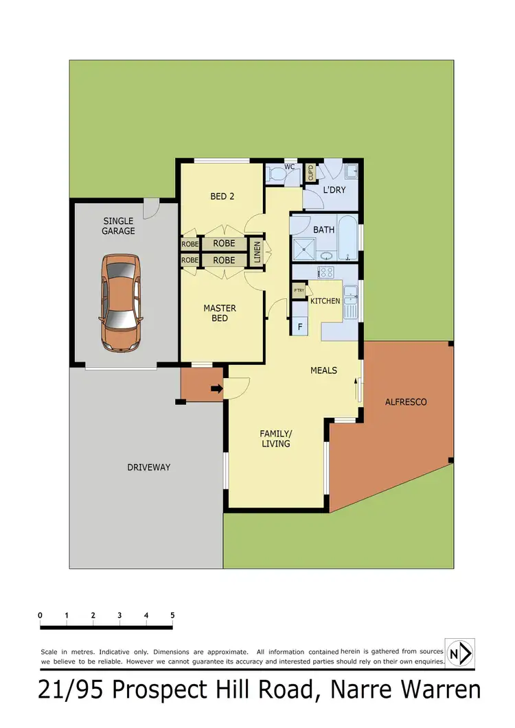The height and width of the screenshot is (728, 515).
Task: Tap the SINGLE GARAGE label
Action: coord(119,226)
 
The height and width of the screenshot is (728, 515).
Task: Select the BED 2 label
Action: coord(222,196)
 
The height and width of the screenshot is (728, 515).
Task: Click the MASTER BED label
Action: coord(220,313)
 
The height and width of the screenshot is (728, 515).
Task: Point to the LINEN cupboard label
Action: coord(257,252)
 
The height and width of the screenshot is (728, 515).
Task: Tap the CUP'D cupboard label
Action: coord(310,173)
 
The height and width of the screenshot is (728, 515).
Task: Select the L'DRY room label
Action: coord(334,189)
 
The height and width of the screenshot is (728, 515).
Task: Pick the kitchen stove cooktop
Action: coord(325,272)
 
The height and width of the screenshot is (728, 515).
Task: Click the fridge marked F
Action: coord(300,327)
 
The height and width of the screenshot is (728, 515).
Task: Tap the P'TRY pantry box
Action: coord(299,291)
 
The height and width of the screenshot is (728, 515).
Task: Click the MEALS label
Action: coord(323,371)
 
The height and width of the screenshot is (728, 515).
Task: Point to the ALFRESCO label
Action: coord(406,401)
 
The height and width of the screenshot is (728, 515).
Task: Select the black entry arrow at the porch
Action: coord(217,389)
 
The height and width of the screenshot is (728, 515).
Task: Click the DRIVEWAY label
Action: coord(148,467)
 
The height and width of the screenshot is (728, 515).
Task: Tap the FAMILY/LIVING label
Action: coord(275,438)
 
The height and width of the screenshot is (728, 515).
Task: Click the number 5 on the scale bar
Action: coord(172,615)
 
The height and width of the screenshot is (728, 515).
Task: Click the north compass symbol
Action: coord(459,653)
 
